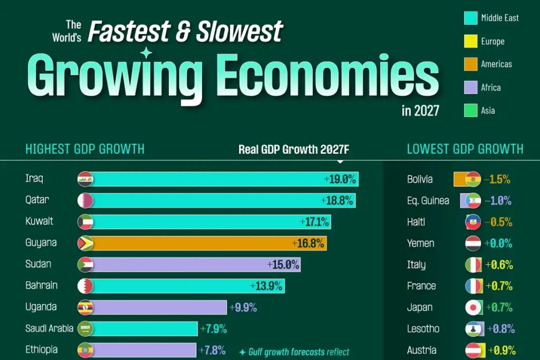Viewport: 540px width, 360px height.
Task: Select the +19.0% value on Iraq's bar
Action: click(x=340, y=179)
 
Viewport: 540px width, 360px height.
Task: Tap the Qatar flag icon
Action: click(x=85, y=201)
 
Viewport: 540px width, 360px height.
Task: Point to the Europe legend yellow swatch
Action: click(x=470, y=41)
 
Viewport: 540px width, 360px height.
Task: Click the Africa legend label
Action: click(x=491, y=87)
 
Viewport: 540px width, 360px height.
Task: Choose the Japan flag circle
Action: click(x=473, y=307)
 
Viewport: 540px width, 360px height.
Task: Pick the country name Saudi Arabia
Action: click(x=49, y=328)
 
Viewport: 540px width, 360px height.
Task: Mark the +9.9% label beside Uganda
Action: click(x=243, y=307)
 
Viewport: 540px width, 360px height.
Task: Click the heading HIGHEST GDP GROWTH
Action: click(x=85, y=149)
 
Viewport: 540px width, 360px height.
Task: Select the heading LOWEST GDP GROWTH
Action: click(x=465, y=149)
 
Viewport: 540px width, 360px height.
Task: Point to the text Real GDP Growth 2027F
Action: click(x=294, y=149)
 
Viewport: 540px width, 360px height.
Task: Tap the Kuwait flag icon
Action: click(x=85, y=222)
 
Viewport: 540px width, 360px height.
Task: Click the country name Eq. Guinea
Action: click(x=428, y=201)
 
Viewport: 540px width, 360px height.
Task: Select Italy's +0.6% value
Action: click(x=499, y=265)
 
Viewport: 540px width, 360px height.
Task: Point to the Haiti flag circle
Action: click(x=473, y=222)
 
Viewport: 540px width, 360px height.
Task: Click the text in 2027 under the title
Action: click(x=420, y=111)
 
